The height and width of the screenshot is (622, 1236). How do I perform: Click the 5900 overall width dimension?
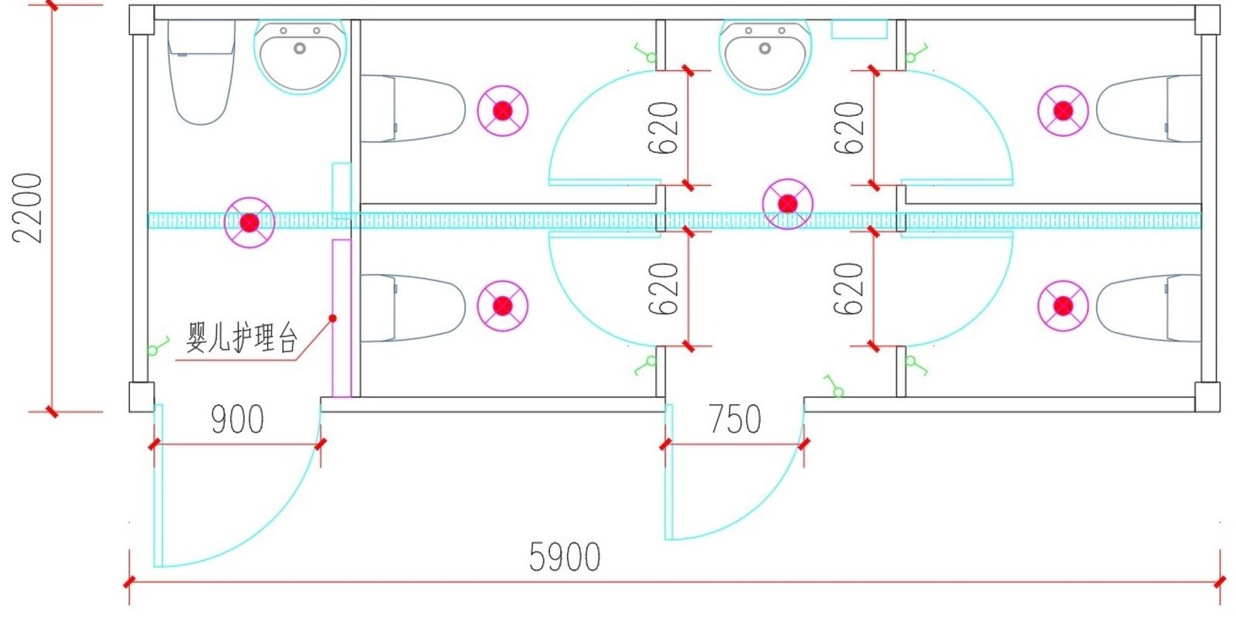point(565,556)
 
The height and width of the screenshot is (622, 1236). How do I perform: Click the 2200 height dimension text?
point(29,207)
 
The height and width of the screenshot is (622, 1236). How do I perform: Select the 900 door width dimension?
point(237,420)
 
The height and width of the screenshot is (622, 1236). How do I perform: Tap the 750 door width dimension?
point(735,420)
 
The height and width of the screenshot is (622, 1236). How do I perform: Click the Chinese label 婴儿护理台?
point(242,338)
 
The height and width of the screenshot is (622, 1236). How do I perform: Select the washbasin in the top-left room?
point(300,56)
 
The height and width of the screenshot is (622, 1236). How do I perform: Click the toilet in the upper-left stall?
point(412,108)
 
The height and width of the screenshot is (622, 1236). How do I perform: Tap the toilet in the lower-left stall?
point(412,308)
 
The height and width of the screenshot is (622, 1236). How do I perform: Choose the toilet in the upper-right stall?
point(1149,108)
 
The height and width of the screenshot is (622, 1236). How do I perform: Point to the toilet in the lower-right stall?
point(1149,308)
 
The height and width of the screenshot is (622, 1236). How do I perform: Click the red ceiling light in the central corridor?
point(787,204)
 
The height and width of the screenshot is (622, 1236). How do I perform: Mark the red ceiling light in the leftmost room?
point(249,223)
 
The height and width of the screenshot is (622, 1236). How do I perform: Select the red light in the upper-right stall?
point(1063,110)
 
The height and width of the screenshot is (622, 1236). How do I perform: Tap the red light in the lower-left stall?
point(502,306)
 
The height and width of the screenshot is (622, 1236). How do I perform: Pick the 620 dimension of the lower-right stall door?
point(850,288)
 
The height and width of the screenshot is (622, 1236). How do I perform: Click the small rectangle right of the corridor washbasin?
point(858,29)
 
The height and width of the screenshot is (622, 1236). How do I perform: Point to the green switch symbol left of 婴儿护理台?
point(158,346)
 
